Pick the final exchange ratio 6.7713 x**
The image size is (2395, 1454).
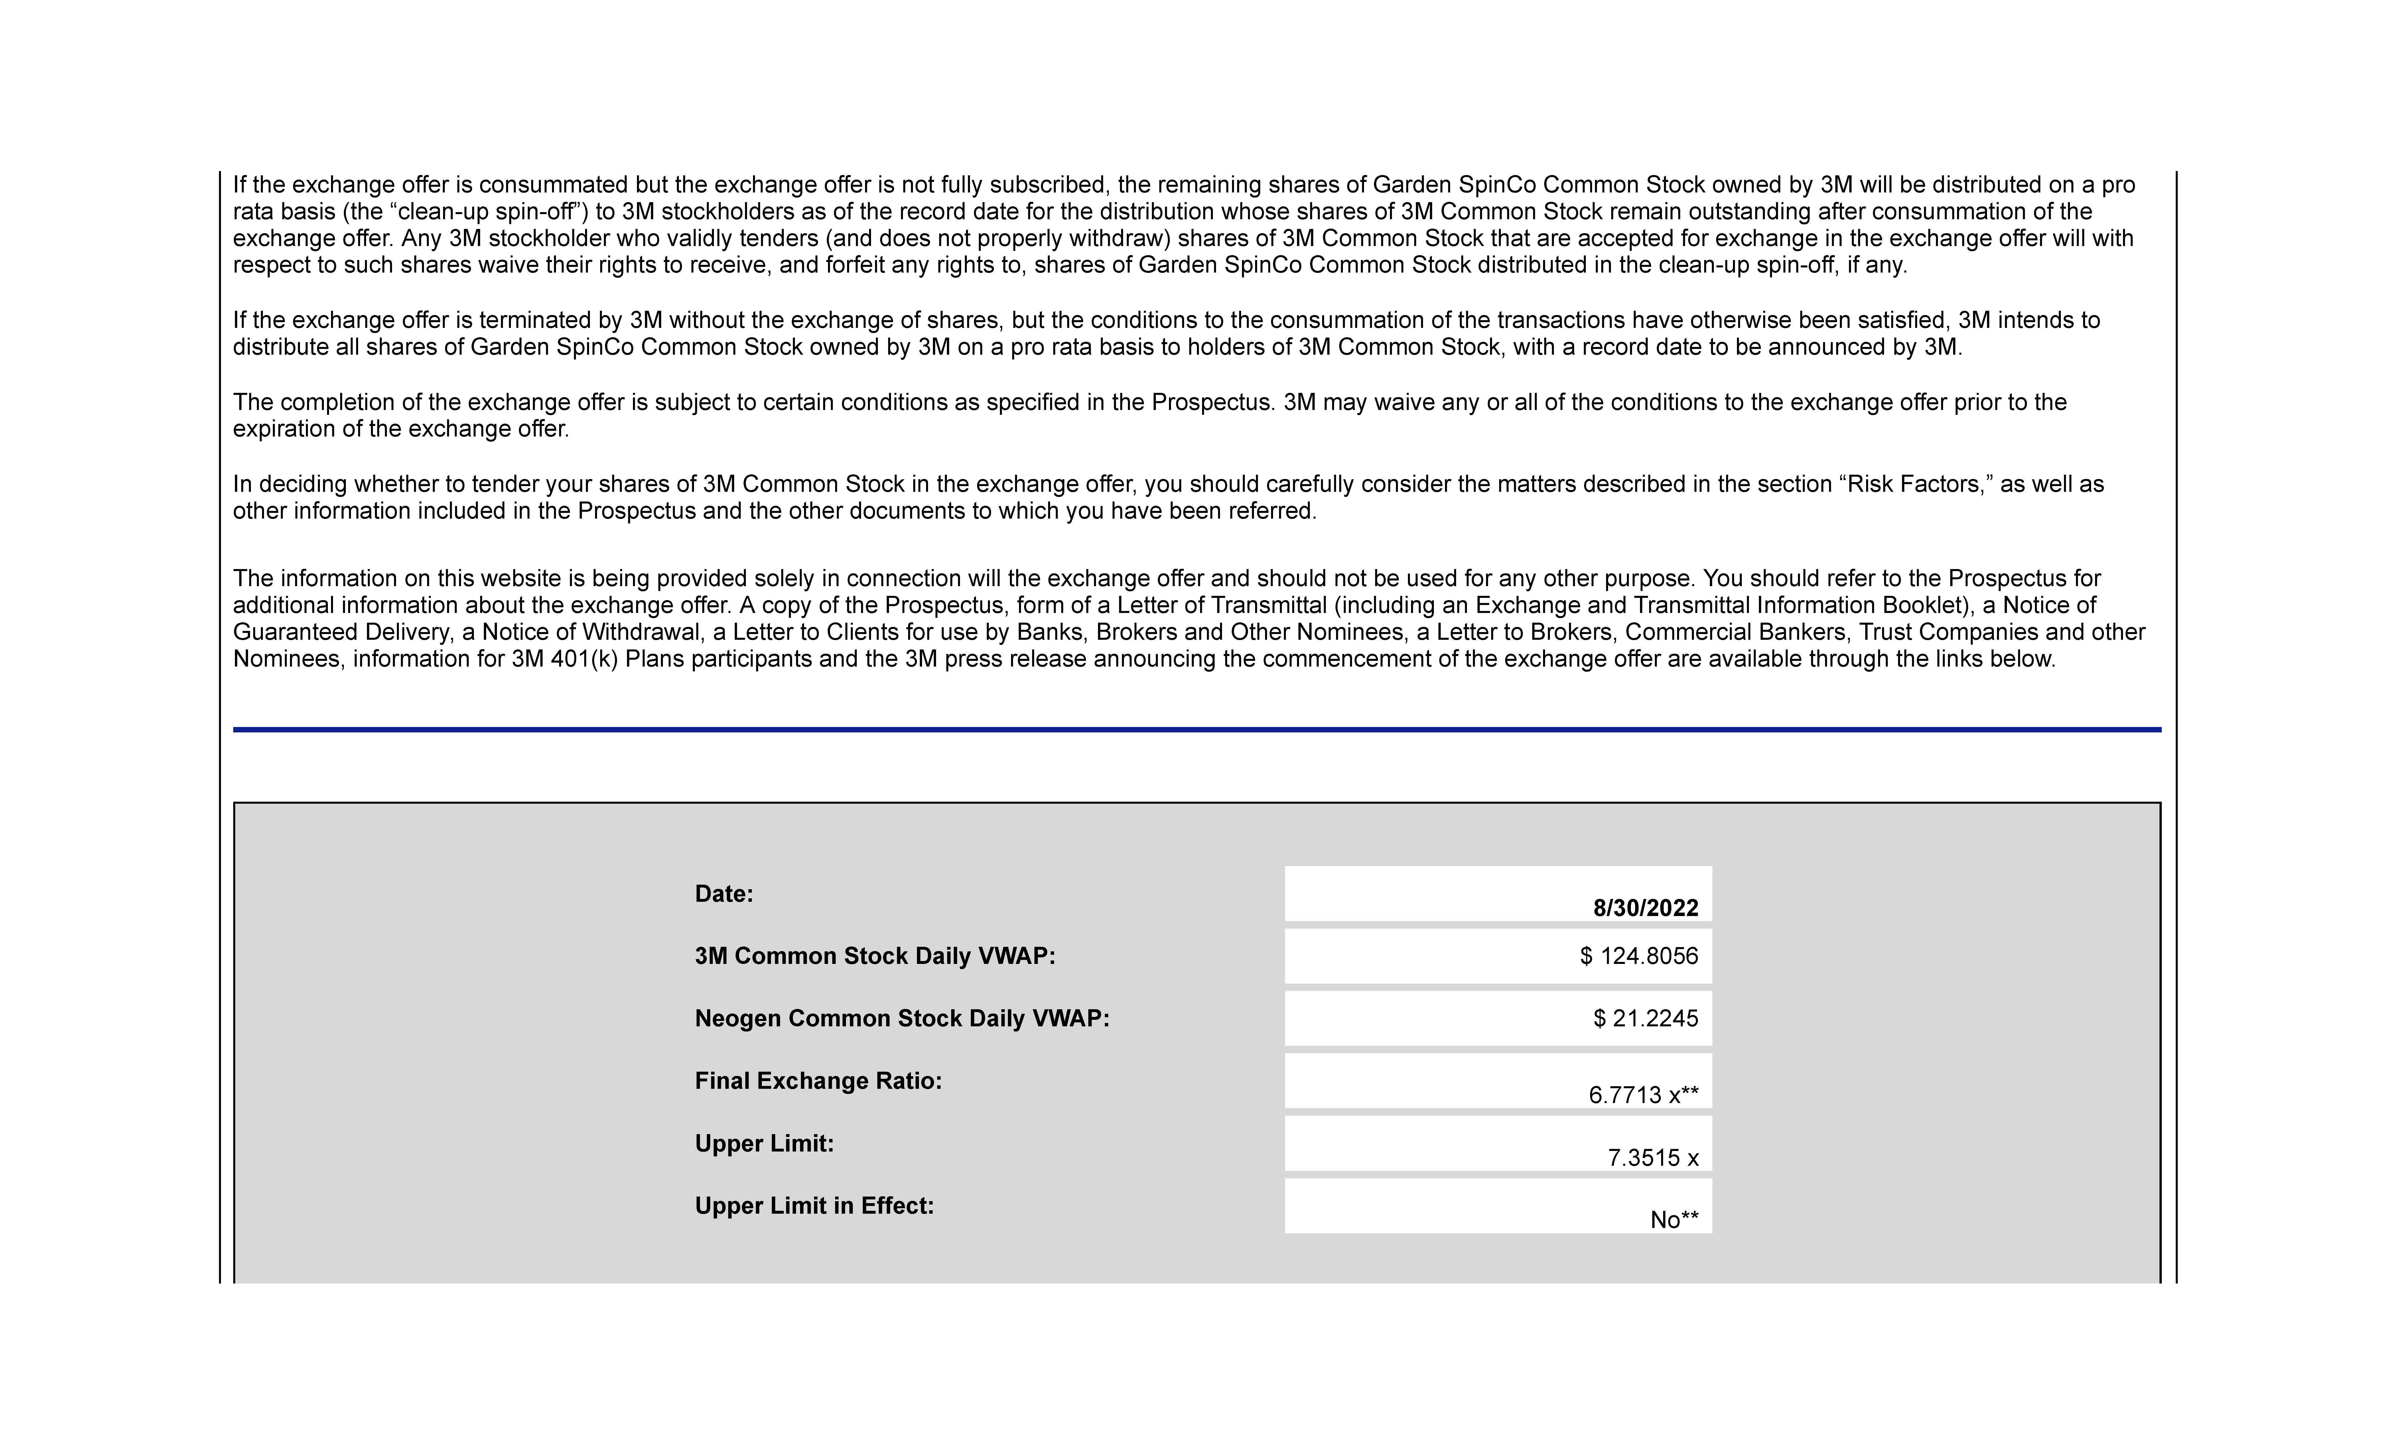(x=1643, y=1095)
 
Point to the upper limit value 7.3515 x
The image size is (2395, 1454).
(x=1652, y=1157)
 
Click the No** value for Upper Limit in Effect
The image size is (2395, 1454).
(x=1674, y=1220)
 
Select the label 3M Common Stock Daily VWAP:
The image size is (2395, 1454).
(x=875, y=957)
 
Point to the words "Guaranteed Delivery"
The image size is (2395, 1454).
(x=340, y=632)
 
